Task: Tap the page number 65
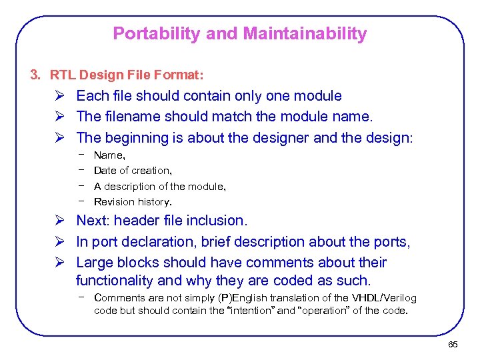pos(453,344)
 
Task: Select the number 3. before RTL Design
pos(36,74)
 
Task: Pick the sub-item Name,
pos(109,155)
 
